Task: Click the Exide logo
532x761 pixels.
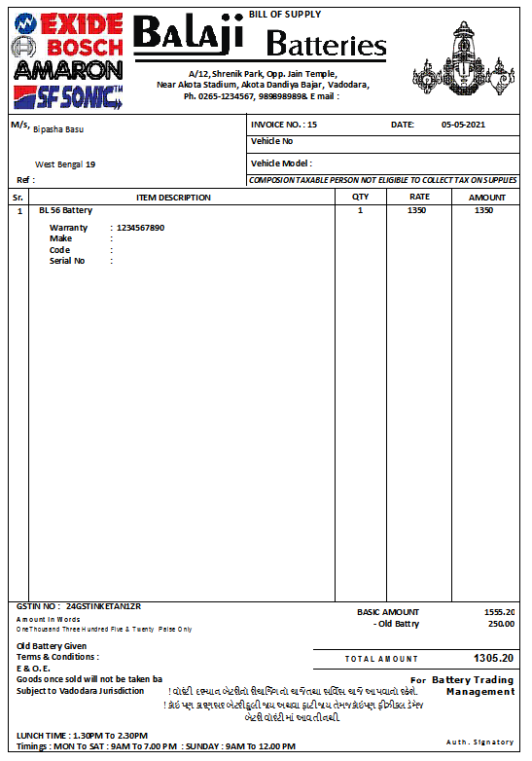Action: click(x=67, y=21)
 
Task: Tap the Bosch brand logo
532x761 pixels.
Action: click(x=67, y=46)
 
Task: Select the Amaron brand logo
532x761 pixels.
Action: click(x=68, y=70)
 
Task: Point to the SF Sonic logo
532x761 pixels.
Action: click(x=68, y=95)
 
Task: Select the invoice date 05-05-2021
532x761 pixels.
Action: click(x=463, y=125)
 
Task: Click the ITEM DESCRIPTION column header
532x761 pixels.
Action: click(x=173, y=198)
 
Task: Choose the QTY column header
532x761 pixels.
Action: click(x=360, y=198)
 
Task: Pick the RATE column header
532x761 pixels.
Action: click(x=420, y=198)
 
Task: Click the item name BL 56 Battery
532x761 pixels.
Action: click(x=66, y=210)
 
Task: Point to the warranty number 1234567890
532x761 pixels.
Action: click(x=140, y=228)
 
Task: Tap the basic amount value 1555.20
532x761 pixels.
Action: click(x=499, y=612)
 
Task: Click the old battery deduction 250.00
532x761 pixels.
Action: click(x=501, y=624)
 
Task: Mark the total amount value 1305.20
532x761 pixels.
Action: click(x=493, y=658)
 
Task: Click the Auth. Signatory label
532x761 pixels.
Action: click(x=480, y=743)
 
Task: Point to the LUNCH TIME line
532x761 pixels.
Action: click(x=82, y=736)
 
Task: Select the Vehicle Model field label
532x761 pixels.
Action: click(x=281, y=163)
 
